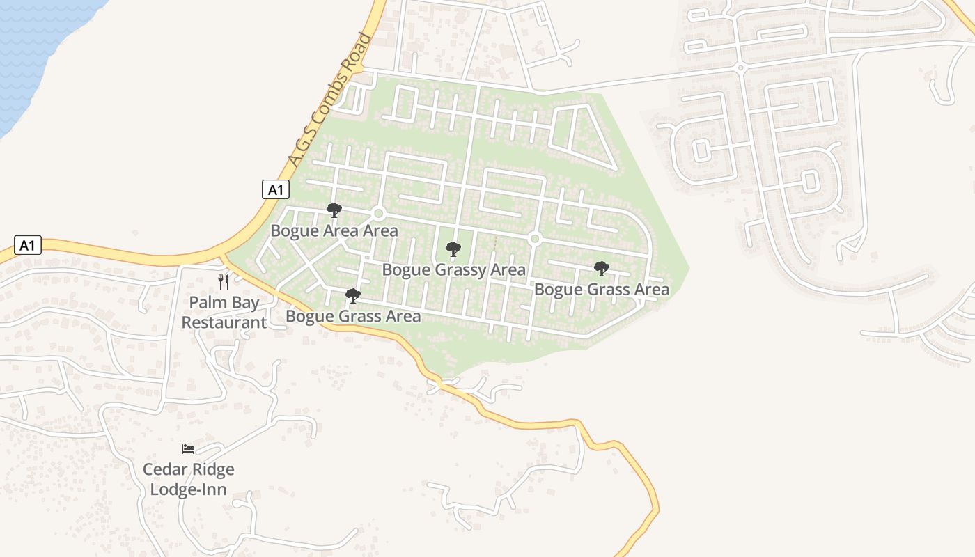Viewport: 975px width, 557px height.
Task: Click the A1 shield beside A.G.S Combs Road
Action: pos(275,189)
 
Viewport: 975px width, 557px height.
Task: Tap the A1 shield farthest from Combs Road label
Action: pos(27,245)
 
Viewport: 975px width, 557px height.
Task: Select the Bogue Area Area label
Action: pos(334,230)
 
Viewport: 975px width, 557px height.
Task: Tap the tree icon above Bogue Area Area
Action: pos(334,210)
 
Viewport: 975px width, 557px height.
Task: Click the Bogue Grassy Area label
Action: pos(454,269)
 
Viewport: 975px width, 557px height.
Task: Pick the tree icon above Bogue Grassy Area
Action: pos(453,249)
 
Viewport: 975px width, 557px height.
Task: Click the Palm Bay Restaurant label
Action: pos(224,313)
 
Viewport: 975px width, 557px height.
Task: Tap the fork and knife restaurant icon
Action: pos(224,281)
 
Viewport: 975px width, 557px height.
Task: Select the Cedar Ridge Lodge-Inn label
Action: pos(189,479)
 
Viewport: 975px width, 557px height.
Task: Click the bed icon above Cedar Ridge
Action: pos(188,448)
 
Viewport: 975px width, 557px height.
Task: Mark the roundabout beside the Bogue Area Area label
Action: pos(379,213)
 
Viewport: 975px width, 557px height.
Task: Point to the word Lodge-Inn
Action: pos(189,489)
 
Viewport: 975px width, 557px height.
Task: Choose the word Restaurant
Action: pos(224,322)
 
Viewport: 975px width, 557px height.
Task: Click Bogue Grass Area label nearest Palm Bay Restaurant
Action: pos(353,316)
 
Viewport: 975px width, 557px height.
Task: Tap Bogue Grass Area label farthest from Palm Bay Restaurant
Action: pos(602,289)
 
